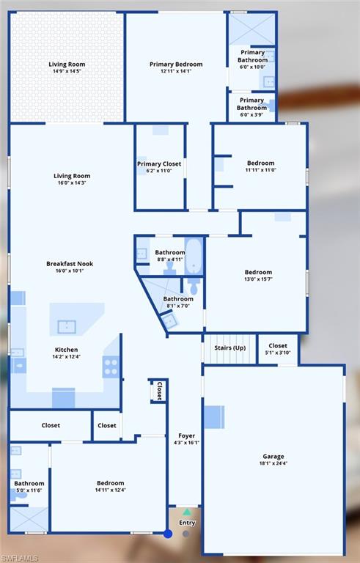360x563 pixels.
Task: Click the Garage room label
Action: [273, 457]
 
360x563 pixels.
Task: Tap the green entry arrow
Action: [187, 512]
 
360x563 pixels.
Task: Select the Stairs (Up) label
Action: [230, 347]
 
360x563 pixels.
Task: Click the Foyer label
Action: [187, 435]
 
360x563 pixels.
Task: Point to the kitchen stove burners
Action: [111, 367]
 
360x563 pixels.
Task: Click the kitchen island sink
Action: [67, 327]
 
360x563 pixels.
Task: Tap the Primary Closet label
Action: [159, 163]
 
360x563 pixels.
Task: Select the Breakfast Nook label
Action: [70, 264]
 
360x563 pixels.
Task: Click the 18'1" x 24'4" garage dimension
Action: [273, 463]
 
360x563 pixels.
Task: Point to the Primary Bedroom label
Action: [176, 65]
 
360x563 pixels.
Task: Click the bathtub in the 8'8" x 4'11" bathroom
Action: [194, 257]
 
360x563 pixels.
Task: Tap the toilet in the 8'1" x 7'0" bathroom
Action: [194, 285]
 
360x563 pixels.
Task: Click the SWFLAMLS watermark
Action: [20, 559]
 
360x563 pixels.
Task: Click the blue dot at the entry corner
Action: [168, 534]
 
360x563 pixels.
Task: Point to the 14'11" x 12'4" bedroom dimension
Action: [110, 490]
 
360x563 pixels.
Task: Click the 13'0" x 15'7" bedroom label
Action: [258, 272]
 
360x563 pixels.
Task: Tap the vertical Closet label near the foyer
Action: [160, 391]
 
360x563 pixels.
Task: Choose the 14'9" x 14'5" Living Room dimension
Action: [67, 71]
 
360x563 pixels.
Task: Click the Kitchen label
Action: [66, 350]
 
